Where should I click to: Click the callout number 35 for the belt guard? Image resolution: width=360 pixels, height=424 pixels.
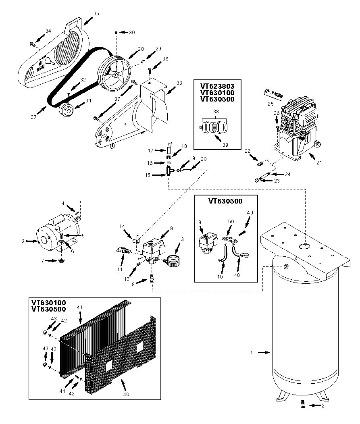pyautogui.click(x=96, y=13)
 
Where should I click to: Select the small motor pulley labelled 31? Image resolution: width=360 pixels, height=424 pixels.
pyautogui.click(x=66, y=109)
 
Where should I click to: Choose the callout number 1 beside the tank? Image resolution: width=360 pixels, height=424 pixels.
pyautogui.click(x=252, y=352)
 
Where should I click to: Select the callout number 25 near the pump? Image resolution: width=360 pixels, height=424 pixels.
pyautogui.click(x=270, y=104)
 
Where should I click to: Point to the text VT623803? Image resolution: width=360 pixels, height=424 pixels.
pyautogui.click(x=217, y=86)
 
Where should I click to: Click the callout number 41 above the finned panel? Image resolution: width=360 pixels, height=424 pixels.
pyautogui.click(x=79, y=308)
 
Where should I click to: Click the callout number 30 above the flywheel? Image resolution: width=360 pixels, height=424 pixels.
pyautogui.click(x=132, y=32)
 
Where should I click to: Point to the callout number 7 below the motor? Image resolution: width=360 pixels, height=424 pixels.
pyautogui.click(x=42, y=260)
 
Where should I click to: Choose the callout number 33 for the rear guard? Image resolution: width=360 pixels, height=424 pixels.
pyautogui.click(x=179, y=83)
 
